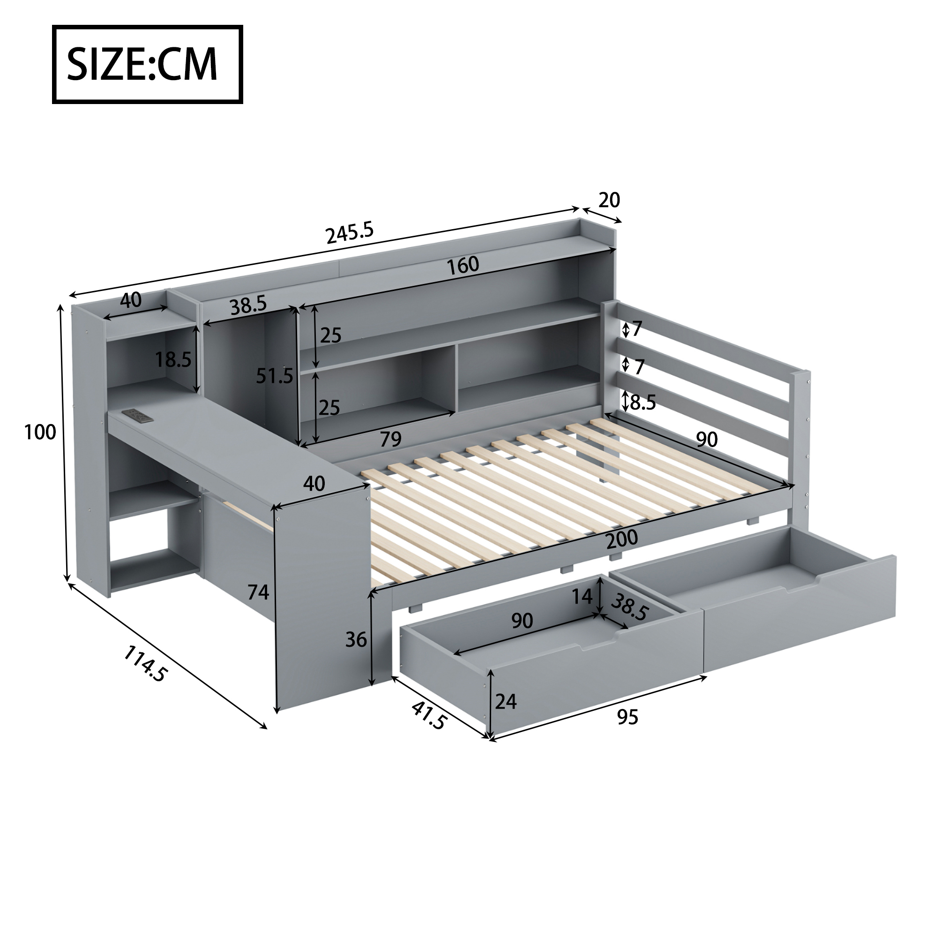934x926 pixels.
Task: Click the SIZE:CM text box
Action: point(148,64)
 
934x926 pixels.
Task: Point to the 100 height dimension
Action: point(40,432)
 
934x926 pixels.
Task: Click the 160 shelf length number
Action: point(463,265)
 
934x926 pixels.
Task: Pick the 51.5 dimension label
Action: point(275,375)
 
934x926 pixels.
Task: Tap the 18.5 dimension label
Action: point(173,359)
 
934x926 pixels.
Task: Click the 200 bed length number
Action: point(622,539)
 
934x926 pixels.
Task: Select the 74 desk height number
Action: point(258,592)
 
